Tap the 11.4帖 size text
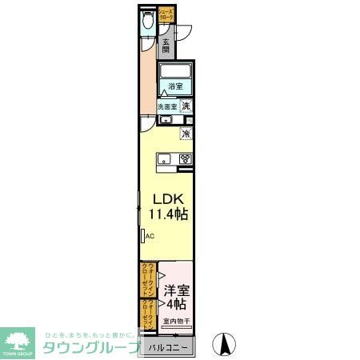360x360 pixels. (169, 215)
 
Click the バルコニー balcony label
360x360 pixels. (168, 348)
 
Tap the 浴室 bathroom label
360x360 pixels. (175, 86)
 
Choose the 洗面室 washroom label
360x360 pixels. (166, 106)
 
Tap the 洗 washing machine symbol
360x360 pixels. (185, 106)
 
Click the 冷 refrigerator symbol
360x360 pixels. (186, 134)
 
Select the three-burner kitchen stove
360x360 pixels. (185, 158)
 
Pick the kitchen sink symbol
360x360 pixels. (163, 158)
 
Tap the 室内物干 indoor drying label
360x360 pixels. (175, 322)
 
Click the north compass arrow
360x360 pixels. (226, 345)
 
